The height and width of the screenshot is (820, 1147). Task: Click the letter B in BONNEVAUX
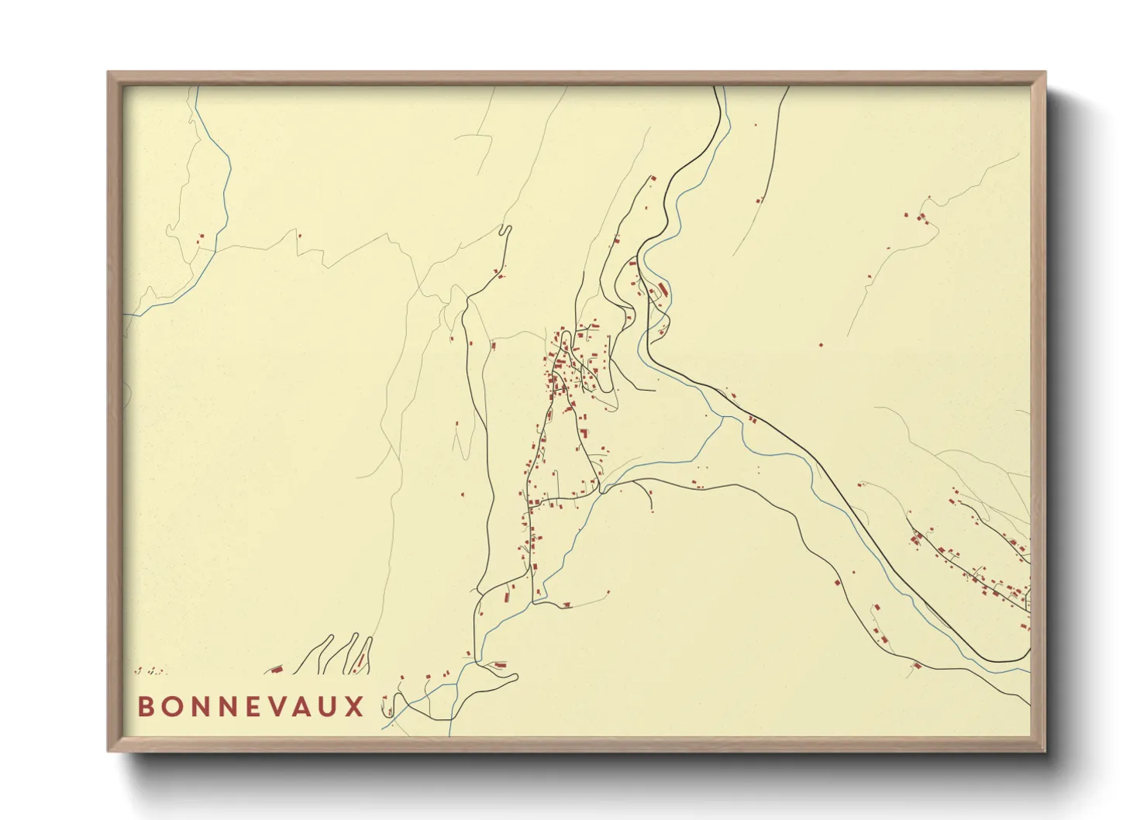click(145, 707)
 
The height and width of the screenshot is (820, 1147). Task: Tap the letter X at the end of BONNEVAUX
click(355, 707)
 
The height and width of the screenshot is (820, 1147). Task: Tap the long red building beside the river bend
click(663, 291)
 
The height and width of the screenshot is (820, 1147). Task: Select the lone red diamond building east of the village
click(821, 344)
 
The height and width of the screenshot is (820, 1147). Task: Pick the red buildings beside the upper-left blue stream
click(200, 239)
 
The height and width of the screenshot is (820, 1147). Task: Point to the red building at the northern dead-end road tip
click(653, 179)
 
